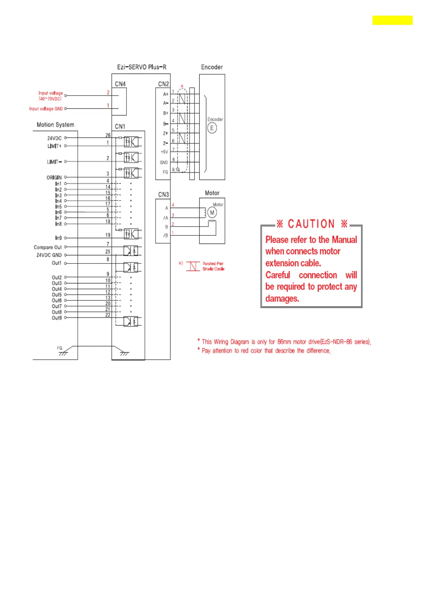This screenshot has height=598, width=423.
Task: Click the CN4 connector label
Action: [x=120, y=84]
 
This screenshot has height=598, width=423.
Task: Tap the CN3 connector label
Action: [x=163, y=194]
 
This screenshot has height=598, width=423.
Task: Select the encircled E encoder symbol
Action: [x=212, y=128]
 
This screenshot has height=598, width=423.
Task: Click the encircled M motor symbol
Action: [x=212, y=213]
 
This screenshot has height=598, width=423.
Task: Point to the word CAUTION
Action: [x=311, y=224]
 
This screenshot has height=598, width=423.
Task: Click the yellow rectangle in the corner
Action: [x=392, y=20]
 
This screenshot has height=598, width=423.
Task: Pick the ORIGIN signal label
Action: [x=54, y=177]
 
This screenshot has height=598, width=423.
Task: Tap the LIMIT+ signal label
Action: [x=54, y=146]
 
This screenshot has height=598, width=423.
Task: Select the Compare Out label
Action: [x=48, y=247]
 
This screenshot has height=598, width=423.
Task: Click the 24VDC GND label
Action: [x=49, y=255]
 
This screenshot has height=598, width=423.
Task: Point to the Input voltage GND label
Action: [x=46, y=109]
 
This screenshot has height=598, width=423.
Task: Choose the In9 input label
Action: [x=58, y=238]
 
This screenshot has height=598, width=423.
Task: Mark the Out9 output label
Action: [x=57, y=318]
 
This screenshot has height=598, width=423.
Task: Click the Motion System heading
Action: [x=55, y=125]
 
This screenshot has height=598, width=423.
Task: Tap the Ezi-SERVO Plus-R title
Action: [x=142, y=67]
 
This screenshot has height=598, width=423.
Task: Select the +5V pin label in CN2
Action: [x=164, y=152]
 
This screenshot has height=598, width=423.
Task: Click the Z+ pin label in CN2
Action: [x=165, y=134]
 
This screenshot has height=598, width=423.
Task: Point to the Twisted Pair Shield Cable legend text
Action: [x=213, y=266]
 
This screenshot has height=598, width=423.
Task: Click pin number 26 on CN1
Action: [x=108, y=135]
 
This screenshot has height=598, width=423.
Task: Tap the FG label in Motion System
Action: [x=60, y=348]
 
